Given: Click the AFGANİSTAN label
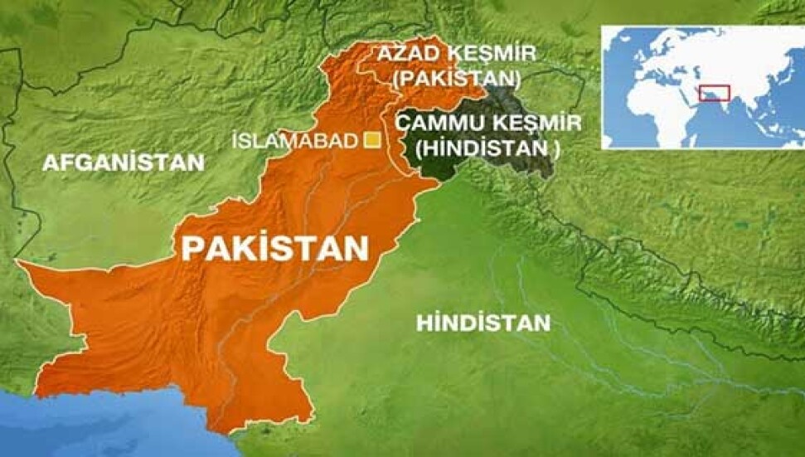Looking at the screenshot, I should click(123, 163).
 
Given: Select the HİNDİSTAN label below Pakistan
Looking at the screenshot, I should click(483, 322).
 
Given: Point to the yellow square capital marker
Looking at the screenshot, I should click(373, 140).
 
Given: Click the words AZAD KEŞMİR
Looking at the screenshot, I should click(457, 55).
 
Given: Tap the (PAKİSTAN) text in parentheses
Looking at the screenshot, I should click(457, 79).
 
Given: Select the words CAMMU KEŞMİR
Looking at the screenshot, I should click(487, 123).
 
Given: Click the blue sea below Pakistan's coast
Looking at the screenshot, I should click(124, 423).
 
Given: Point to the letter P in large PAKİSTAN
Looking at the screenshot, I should click(192, 247).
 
